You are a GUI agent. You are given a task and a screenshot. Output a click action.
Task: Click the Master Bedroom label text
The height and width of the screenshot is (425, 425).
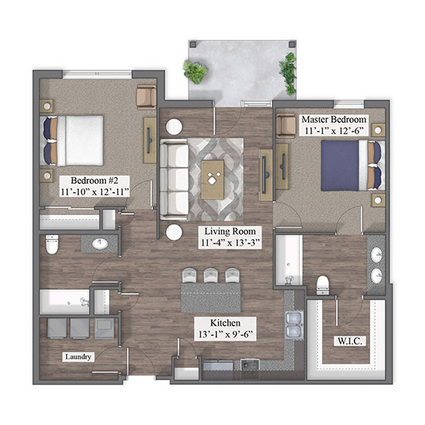point(334,119)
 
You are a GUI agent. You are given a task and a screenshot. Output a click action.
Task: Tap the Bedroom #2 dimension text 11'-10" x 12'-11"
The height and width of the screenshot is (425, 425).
point(94,192)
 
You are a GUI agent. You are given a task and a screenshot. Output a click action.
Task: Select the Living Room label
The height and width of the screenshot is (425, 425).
point(229,231)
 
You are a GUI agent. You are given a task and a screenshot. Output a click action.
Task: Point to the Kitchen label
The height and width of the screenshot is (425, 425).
point(225,323)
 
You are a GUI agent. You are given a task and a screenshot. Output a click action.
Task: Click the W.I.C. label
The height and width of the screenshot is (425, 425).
point(349,341)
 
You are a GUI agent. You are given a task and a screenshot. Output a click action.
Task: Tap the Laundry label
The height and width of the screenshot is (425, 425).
point(78,356)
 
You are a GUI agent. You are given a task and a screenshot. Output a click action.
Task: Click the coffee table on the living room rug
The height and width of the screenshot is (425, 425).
point(212,179)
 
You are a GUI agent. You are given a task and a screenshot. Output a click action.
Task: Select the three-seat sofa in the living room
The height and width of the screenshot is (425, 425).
point(174,179)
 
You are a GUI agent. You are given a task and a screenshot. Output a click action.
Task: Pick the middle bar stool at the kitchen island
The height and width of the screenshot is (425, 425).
point(211,275)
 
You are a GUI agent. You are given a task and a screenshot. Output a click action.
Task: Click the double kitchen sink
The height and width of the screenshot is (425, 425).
point(294,325)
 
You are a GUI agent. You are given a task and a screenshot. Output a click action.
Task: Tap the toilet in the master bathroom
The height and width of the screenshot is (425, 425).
point(322,285)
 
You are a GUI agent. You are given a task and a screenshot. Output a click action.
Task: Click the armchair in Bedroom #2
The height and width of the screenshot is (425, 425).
point(146,97)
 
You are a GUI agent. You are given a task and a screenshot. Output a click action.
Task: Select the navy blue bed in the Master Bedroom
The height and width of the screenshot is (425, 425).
point(352,165)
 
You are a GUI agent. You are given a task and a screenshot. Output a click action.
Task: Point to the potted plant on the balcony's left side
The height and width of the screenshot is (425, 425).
point(195,72)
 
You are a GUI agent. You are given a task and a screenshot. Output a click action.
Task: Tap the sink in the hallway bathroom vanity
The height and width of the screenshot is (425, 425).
point(100,243)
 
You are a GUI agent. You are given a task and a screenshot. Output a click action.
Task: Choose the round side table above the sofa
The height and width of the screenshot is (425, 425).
point(174,127)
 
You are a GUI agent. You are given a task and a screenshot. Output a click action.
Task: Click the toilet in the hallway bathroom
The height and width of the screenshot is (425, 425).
point(52,244)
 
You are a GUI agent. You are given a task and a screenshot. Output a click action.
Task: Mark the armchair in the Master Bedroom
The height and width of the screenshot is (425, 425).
point(286,125)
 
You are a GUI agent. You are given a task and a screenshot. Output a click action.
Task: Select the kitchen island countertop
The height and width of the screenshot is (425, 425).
point(211,297)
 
